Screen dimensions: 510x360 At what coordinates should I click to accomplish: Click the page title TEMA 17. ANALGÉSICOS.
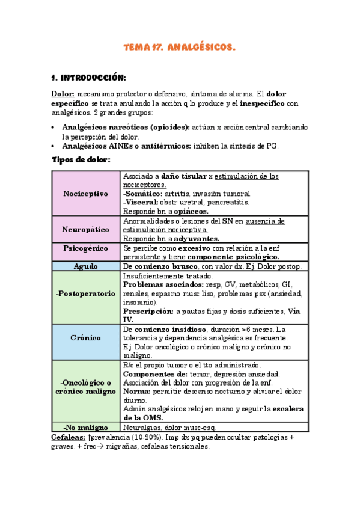point(180,46)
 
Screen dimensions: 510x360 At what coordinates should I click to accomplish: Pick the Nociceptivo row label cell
point(85,194)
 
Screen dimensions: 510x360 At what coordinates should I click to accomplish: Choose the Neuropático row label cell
point(85,229)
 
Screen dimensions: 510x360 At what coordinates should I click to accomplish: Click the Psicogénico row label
point(85,248)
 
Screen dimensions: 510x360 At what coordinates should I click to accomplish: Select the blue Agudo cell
point(85,266)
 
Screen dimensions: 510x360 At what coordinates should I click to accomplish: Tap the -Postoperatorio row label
point(85,294)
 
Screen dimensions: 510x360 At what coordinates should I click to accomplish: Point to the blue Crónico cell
point(85,338)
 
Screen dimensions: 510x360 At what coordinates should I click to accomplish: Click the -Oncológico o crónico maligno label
point(85,387)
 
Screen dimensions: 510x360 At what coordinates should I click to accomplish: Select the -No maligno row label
point(85,427)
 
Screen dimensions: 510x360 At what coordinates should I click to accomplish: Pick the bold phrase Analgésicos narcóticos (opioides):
point(126,127)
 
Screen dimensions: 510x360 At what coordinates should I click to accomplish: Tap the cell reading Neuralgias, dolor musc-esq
point(173,427)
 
